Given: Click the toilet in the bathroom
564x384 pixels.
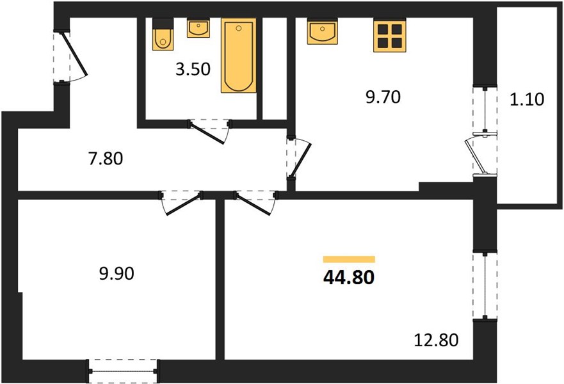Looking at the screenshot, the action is pyautogui.click(x=163, y=34).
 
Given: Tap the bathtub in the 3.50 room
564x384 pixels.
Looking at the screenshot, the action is pyautogui.click(x=239, y=56).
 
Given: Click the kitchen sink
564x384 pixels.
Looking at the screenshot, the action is pyautogui.click(x=322, y=31).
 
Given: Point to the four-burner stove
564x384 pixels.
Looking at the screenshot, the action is pyautogui.click(x=389, y=36).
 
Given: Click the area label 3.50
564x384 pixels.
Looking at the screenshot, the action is pyautogui.click(x=193, y=69).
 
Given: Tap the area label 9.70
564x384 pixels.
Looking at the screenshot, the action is pyautogui.click(x=383, y=97).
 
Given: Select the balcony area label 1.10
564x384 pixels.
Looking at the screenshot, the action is pyautogui.click(x=527, y=99).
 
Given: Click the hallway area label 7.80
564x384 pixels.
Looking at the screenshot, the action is pyautogui.click(x=106, y=159).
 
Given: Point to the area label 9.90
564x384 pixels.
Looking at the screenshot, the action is pyautogui.click(x=117, y=274).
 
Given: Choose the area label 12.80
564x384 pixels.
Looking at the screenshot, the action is pyautogui.click(x=437, y=340).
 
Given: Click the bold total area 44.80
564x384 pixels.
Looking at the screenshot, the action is pyautogui.click(x=349, y=277).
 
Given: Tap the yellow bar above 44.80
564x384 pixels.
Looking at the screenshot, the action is pyautogui.click(x=349, y=260).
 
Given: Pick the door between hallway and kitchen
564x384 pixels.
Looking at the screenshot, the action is pyautogui.click(x=300, y=158).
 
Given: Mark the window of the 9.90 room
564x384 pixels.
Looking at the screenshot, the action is pyautogui.click(x=123, y=371).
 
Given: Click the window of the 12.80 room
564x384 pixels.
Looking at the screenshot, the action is pyautogui.click(x=485, y=285).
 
